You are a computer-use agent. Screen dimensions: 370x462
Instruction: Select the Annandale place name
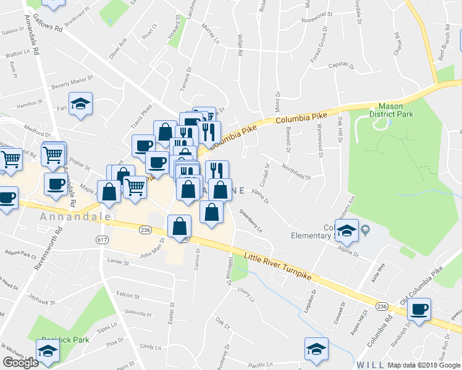[75, 217]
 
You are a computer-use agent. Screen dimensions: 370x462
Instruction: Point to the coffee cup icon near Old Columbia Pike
[420, 308]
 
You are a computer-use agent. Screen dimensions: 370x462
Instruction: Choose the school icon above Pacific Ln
[316, 348]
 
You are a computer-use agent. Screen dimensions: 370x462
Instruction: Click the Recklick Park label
[65, 340]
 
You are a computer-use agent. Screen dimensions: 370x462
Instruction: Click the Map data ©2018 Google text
[423, 365]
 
